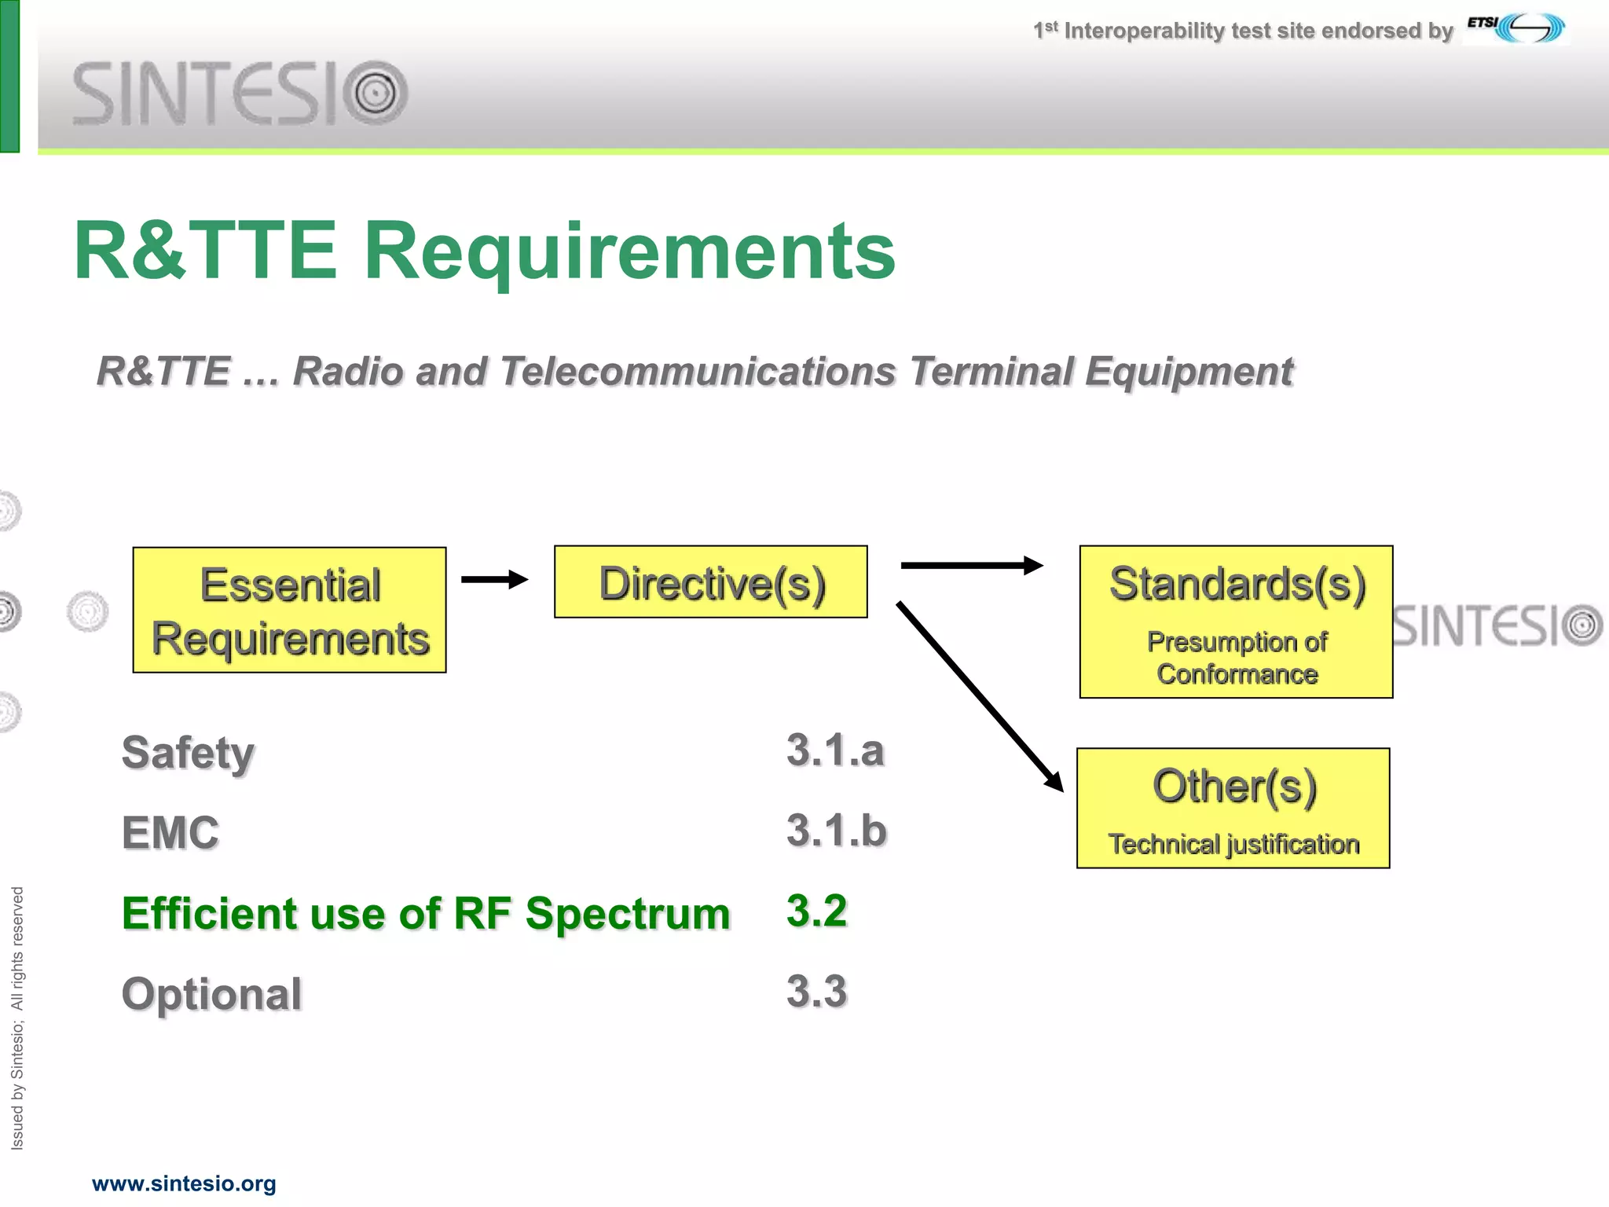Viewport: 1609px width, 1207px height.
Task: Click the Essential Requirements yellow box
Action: pyautogui.click(x=289, y=610)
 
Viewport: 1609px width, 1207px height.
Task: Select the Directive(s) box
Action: pyautogui.click(x=710, y=582)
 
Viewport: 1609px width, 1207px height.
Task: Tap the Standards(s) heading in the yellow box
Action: pyautogui.click(x=1237, y=585)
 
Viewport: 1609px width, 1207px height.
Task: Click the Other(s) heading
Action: pyautogui.click(x=1233, y=787)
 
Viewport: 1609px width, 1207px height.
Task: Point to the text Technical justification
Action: pyautogui.click(x=1233, y=844)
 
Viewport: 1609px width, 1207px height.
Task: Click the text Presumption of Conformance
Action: pyautogui.click(x=1237, y=658)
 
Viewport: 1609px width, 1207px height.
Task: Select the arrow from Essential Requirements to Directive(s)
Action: pyautogui.click(x=493, y=580)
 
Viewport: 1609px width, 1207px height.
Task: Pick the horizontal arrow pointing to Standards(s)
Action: pyautogui.click(x=971, y=565)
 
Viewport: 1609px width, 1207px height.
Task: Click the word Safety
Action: pyautogui.click(x=188, y=753)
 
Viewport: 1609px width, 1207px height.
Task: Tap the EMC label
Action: pyautogui.click(x=170, y=833)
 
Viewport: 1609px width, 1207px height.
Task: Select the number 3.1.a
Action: pyautogui.click(x=834, y=750)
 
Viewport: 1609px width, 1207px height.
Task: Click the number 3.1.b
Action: pyautogui.click(x=836, y=831)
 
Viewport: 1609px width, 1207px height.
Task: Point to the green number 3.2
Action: pyautogui.click(x=816, y=912)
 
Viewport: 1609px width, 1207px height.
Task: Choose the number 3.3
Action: pyautogui.click(x=816, y=992)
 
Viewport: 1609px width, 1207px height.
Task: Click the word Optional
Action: pyautogui.click(x=211, y=994)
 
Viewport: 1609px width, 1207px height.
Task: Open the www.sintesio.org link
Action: pyautogui.click(x=184, y=1183)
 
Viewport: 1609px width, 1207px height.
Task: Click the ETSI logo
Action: pyautogui.click(x=1516, y=28)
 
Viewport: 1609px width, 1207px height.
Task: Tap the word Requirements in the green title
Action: pyautogui.click(x=629, y=251)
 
